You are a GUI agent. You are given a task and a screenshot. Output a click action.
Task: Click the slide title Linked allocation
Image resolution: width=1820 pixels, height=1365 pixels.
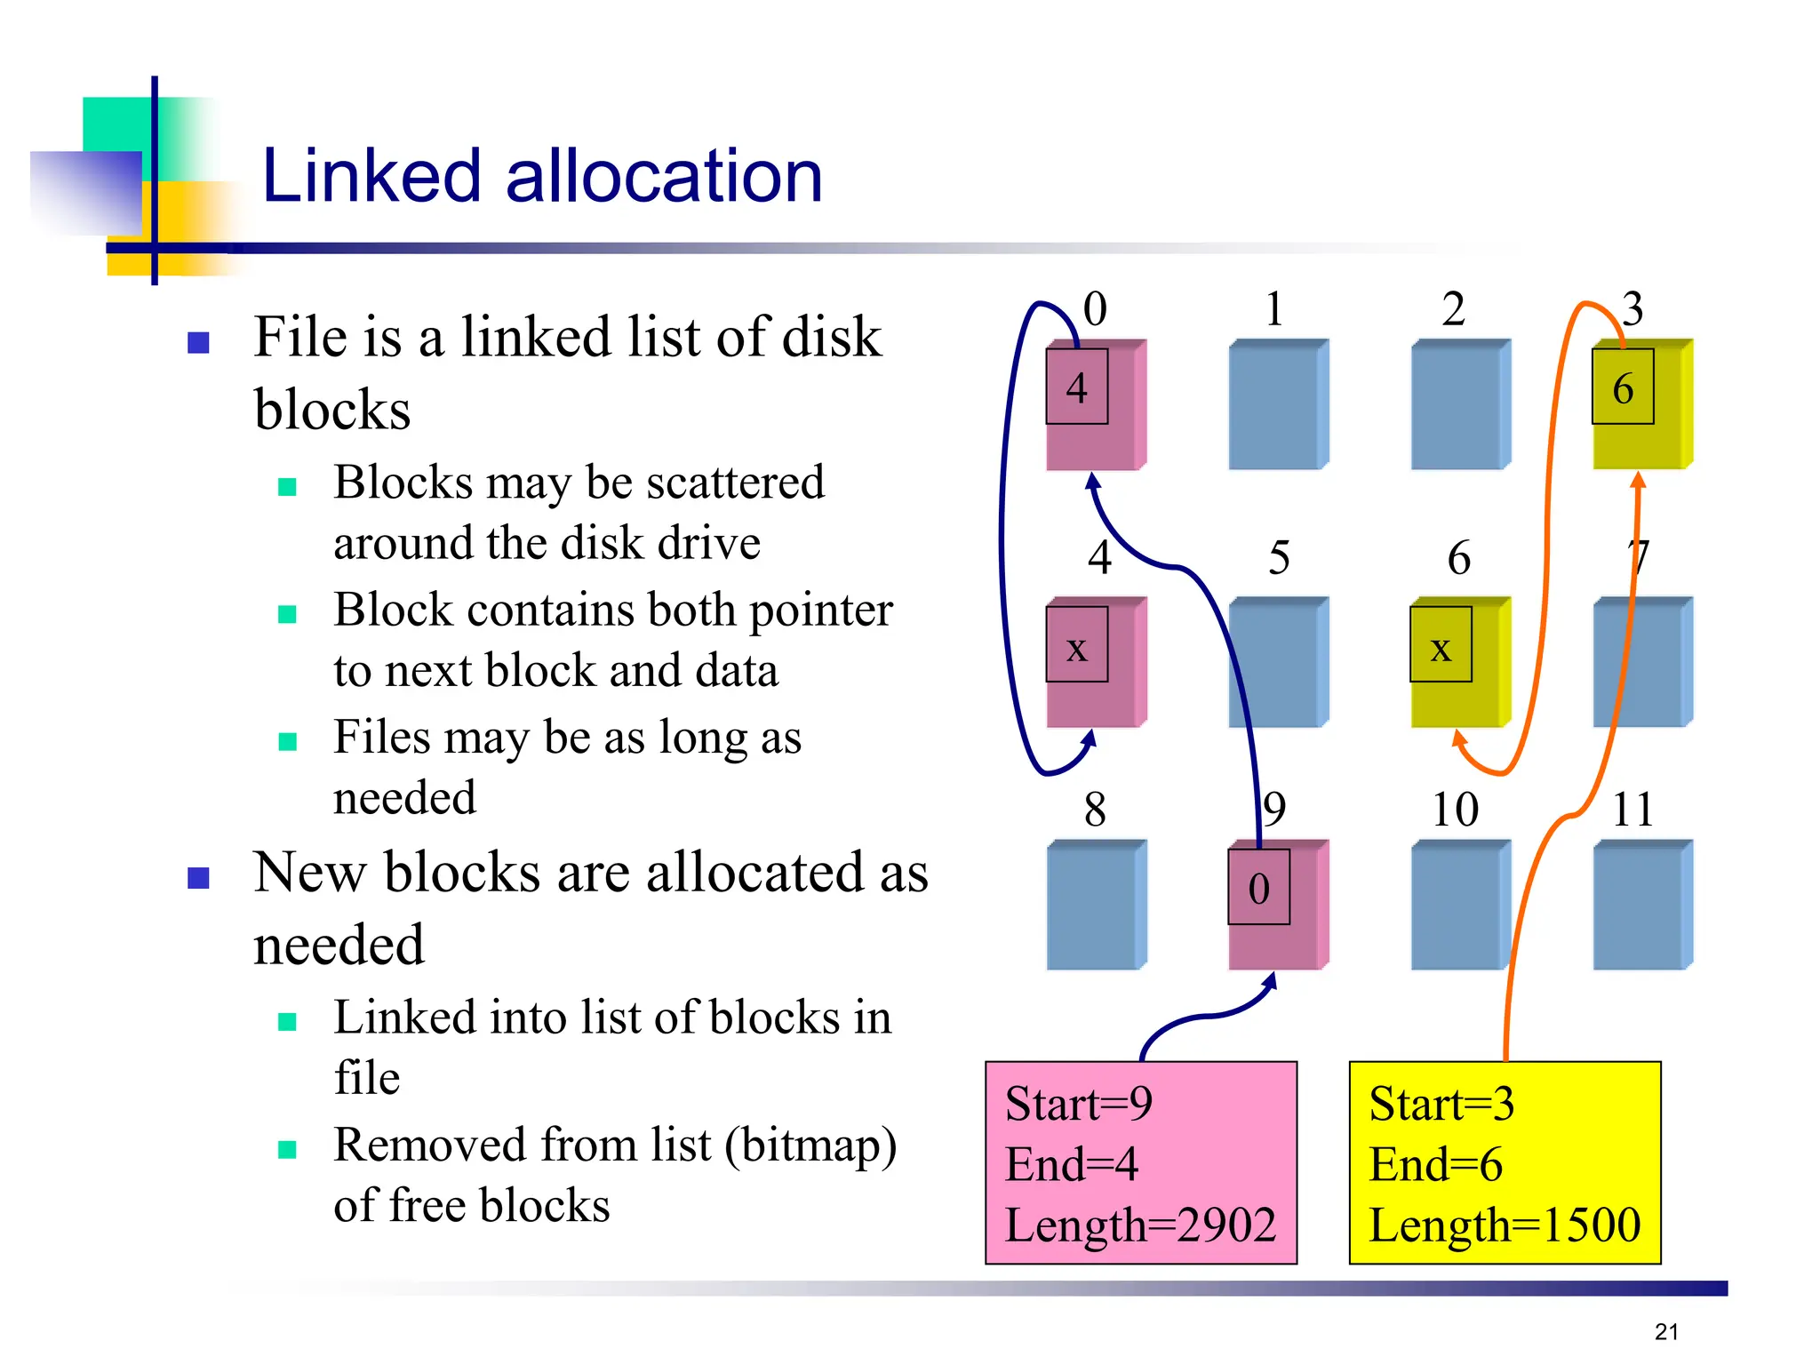coord(542,176)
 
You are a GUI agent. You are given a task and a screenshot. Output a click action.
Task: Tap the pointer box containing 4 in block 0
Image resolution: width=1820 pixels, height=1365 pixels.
coord(1076,387)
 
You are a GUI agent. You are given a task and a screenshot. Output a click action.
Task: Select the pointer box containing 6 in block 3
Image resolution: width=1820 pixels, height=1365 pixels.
coord(1622,387)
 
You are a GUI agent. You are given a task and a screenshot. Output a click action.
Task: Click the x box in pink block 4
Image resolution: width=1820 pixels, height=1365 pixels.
coord(1076,645)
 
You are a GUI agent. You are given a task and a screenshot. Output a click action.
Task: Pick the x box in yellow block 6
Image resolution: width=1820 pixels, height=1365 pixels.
coord(1441,645)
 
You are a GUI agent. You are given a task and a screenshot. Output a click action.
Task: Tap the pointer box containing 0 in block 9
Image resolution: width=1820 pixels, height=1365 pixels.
coord(1258,887)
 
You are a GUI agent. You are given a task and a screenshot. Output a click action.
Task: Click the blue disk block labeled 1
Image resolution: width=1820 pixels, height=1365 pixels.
coord(1277,404)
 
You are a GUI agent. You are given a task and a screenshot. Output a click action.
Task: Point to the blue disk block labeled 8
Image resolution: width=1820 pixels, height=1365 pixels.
coord(1095,905)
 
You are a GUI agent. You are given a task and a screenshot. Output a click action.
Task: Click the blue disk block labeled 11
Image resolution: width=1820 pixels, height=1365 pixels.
coord(1641,905)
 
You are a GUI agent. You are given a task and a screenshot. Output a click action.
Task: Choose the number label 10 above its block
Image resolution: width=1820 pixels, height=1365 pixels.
coord(1455,809)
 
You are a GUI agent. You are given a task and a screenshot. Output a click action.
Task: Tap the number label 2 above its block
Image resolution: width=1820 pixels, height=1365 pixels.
coord(1453,309)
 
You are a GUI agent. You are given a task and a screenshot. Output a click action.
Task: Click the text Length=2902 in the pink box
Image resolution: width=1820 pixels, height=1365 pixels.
coord(1140,1225)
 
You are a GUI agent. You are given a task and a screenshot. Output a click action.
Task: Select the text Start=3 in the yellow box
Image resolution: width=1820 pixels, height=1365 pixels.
coord(1441,1104)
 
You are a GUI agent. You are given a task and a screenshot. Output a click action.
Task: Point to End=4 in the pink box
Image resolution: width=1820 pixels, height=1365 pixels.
coord(1071,1164)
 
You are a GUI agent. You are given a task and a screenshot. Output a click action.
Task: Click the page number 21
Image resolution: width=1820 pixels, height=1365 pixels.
coord(1666,1331)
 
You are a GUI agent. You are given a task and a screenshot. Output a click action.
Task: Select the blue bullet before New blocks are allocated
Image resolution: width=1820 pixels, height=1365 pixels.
coord(198,878)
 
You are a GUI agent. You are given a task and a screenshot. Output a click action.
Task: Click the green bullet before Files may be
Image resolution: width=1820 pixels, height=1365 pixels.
coord(287,741)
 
